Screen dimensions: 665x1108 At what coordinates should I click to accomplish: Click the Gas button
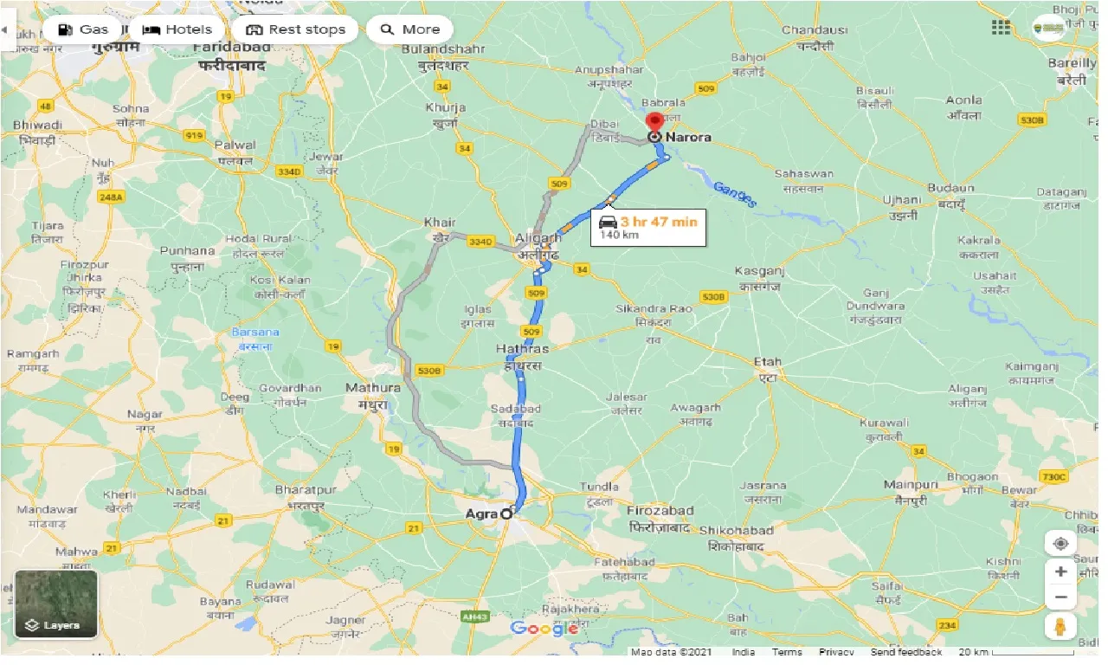coord(82,29)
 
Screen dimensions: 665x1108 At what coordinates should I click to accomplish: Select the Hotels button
coord(177,29)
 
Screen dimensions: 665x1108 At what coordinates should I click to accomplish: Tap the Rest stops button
coord(295,29)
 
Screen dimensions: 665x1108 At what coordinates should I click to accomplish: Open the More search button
coord(409,29)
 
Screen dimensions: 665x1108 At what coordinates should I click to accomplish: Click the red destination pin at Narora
coord(655,123)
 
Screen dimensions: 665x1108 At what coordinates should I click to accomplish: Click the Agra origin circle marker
coord(506,513)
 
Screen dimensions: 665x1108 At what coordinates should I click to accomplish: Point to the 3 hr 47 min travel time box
coord(647,227)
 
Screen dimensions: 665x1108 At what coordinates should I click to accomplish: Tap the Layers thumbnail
coord(56,604)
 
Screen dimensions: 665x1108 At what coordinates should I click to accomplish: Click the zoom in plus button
coord(1060,571)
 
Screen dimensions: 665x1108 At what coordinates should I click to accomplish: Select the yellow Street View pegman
coord(1060,625)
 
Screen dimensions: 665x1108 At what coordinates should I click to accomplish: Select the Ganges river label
coord(735,195)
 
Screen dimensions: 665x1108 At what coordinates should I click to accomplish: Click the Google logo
coord(544,629)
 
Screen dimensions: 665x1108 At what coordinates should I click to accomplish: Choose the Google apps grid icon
coord(1001,28)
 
